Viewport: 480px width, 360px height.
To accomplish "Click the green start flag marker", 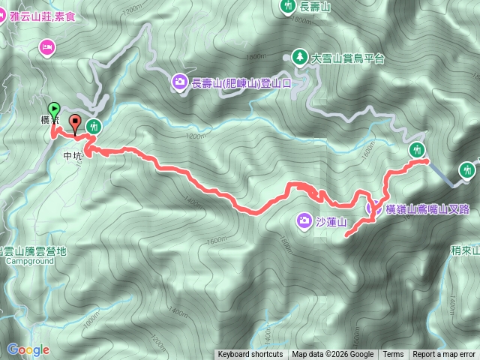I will [54, 109].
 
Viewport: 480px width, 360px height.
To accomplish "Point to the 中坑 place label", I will [72, 156].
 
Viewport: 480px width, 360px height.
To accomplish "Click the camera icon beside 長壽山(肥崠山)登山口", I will [180, 82].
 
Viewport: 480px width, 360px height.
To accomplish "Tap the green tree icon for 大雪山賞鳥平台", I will [299, 57].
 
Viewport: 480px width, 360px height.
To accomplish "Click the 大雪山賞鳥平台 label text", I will [348, 58].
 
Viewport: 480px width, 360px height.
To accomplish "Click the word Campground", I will [30, 262].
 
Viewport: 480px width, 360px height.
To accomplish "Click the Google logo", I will [28, 349].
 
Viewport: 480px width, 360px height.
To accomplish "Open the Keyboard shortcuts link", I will [250, 355].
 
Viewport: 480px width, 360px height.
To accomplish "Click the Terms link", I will [393, 355].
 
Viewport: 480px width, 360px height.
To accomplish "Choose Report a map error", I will [444, 355].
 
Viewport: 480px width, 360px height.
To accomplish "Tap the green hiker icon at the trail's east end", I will [417, 149].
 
